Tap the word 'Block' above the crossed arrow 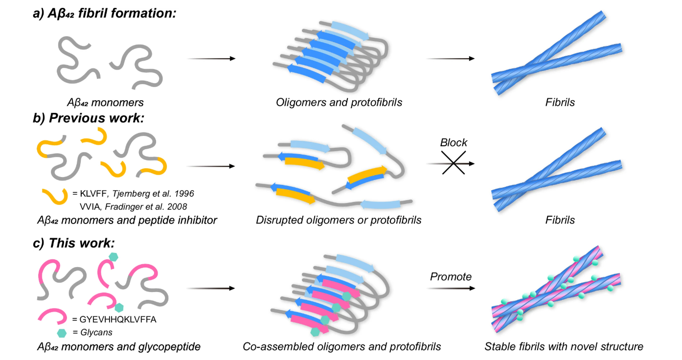[454, 143]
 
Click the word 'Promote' [451, 277]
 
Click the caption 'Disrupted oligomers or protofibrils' [339, 220]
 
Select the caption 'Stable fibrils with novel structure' [564, 347]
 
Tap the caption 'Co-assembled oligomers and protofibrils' [342, 347]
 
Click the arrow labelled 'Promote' [451, 288]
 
